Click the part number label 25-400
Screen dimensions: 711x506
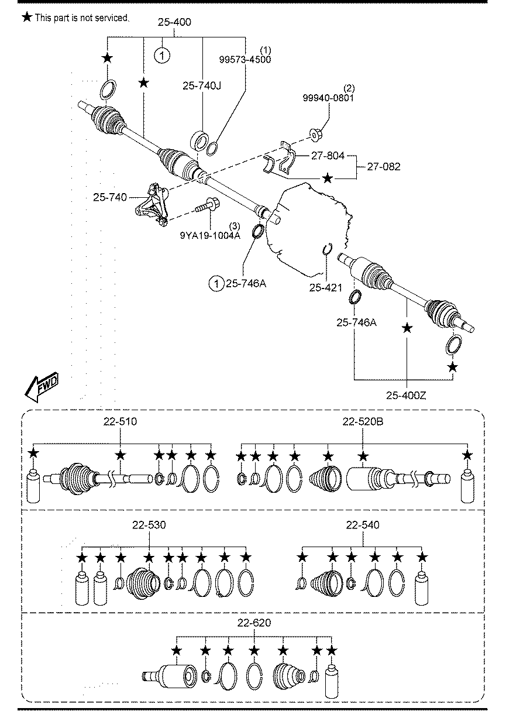(x=174, y=22)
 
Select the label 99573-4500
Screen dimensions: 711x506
(x=245, y=60)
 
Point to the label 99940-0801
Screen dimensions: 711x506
(x=328, y=98)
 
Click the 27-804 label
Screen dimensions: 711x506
(x=328, y=156)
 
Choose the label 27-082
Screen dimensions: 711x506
(x=384, y=167)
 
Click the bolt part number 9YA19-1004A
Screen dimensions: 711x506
(x=210, y=236)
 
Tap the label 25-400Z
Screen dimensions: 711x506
(x=406, y=396)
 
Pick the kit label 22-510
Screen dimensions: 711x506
(x=121, y=422)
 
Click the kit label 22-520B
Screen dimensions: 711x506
(x=363, y=422)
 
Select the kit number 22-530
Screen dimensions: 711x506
(x=149, y=525)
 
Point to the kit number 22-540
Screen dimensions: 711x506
(x=363, y=525)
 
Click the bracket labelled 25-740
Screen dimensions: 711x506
(x=152, y=205)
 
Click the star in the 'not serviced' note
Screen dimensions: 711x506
(x=27, y=18)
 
